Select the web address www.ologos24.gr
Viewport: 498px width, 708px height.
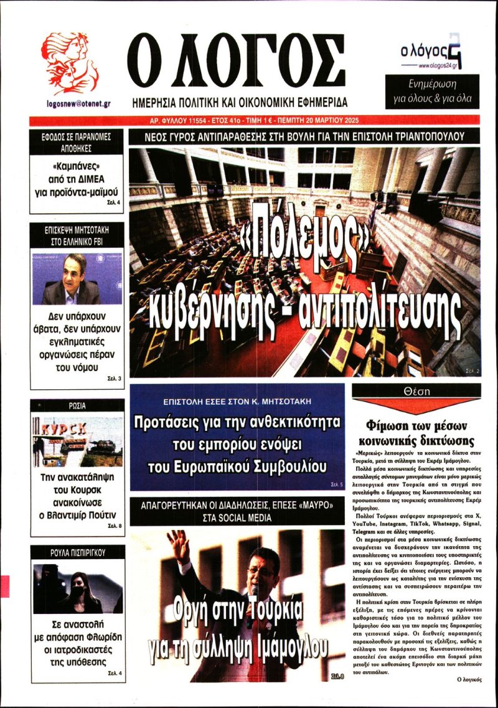(440, 65)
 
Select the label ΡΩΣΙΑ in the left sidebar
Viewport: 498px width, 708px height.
(77, 406)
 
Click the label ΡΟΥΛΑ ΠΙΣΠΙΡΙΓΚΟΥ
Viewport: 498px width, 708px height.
(77, 552)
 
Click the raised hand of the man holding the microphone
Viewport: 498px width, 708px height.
(181, 542)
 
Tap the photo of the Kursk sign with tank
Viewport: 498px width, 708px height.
(77, 441)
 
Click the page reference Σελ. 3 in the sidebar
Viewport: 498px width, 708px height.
(115, 379)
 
